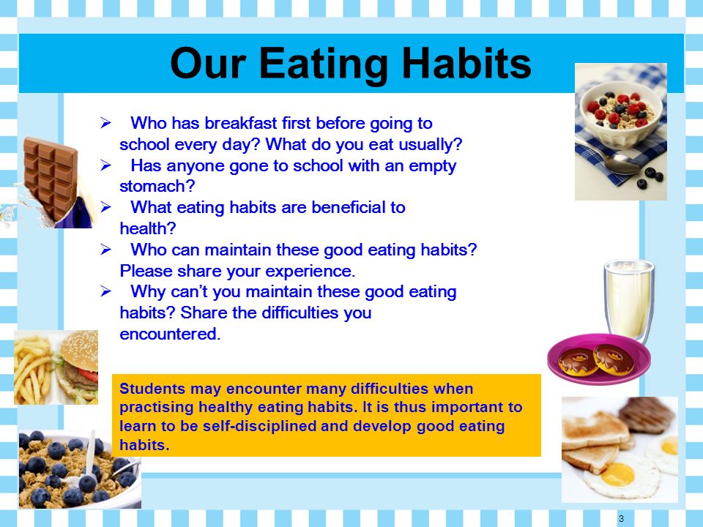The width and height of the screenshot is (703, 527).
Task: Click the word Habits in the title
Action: point(466,63)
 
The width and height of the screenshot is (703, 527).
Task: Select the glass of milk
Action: point(629,300)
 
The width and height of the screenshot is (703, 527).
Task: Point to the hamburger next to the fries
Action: point(78,367)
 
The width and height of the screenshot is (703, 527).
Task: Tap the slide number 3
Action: point(621,518)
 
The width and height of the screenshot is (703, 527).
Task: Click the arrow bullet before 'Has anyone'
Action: point(105,165)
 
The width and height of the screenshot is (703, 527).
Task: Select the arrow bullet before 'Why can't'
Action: point(105,291)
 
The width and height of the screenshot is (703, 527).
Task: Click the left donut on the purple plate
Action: point(577,361)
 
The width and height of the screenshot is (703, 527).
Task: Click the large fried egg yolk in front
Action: point(617,474)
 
